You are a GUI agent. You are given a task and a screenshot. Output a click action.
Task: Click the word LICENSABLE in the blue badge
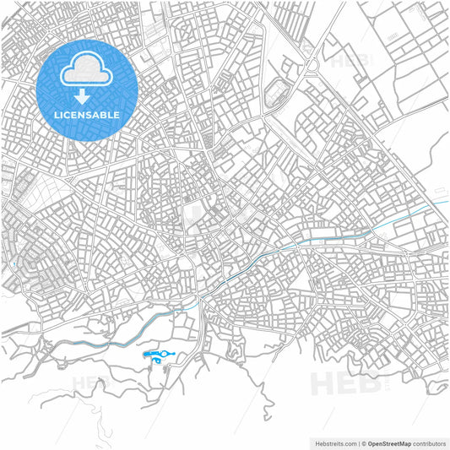point(88,115)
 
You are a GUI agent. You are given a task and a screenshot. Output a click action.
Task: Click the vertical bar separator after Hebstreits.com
point(361,442)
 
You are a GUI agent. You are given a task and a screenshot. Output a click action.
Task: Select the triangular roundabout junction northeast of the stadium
point(311,65)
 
